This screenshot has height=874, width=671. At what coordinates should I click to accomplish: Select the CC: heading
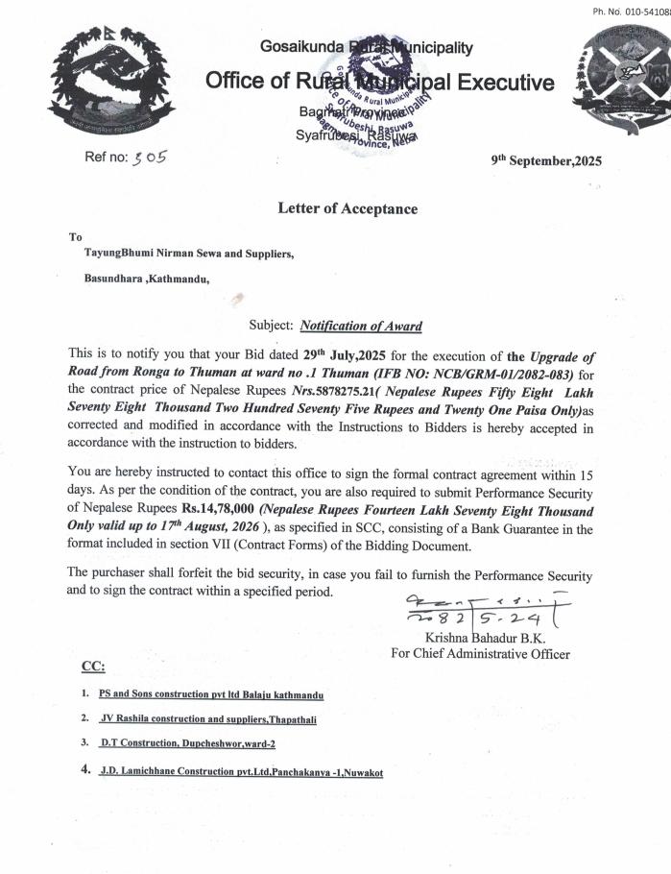93,667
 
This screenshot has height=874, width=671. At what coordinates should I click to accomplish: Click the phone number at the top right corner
632,12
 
